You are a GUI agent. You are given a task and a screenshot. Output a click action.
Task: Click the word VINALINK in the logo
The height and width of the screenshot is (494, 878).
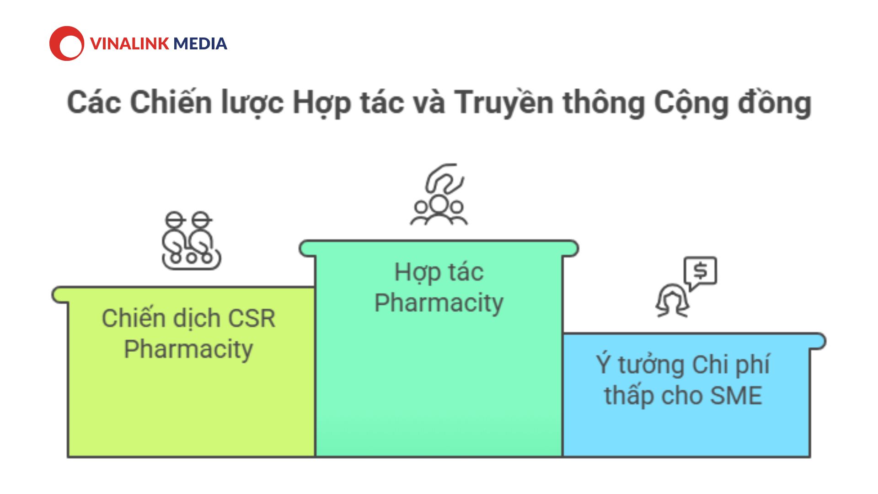[130, 43]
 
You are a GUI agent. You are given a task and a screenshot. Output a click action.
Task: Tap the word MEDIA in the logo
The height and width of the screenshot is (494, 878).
[200, 43]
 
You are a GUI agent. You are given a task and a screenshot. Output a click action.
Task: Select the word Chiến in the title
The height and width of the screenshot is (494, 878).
[172, 102]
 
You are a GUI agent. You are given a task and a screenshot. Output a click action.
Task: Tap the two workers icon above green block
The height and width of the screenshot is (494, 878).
[191, 241]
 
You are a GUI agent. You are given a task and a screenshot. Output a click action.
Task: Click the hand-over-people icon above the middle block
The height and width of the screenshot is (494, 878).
[439, 194]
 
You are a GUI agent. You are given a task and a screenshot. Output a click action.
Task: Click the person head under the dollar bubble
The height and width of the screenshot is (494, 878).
[672, 301]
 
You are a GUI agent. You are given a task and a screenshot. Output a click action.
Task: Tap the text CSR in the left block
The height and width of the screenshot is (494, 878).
[252, 318]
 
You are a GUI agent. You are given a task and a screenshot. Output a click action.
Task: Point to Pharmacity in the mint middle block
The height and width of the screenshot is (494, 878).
[439, 303]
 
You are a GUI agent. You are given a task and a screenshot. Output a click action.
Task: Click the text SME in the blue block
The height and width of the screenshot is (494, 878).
[736, 396]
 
